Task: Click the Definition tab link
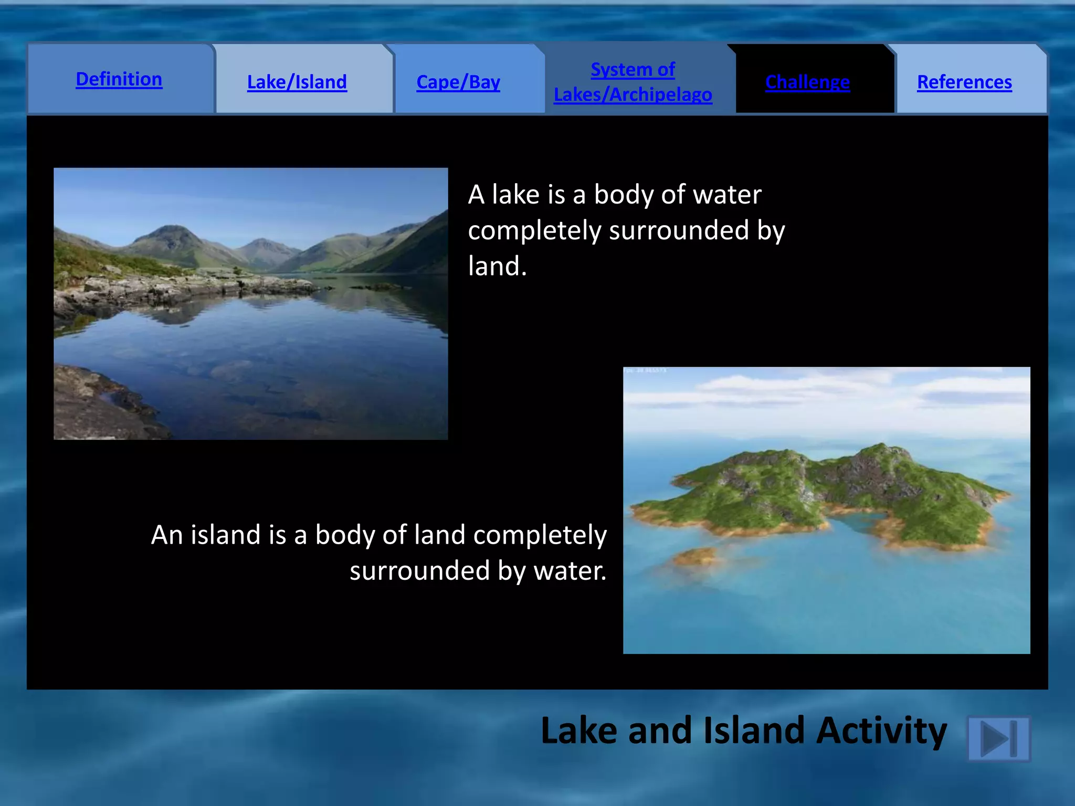(x=119, y=79)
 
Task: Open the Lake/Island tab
(x=297, y=82)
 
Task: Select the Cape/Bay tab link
(x=458, y=82)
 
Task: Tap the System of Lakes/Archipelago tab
(x=633, y=82)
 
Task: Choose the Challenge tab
(x=807, y=82)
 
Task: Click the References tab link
(x=964, y=82)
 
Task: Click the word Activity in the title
(x=881, y=730)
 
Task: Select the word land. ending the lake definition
(x=497, y=266)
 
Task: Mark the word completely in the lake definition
(x=534, y=231)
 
